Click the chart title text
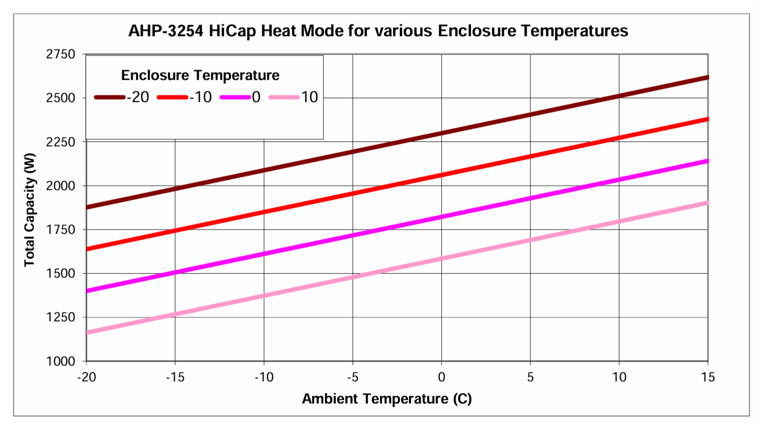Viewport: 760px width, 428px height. (378, 31)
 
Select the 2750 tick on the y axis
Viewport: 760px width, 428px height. (61, 54)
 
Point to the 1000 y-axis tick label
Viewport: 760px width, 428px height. (61, 362)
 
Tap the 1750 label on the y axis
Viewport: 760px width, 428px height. (61, 230)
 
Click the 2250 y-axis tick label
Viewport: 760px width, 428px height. (61, 142)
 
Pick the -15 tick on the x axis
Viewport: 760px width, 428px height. (175, 377)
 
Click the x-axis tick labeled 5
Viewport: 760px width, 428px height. (530, 377)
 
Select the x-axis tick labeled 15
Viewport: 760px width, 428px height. (707, 377)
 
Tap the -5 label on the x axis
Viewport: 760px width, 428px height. (352, 377)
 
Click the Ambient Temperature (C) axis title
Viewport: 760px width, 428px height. (387, 399)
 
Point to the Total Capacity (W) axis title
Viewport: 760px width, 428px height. (30, 210)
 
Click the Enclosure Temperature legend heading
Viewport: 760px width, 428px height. (200, 75)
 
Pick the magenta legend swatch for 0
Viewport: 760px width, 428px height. (235, 97)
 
